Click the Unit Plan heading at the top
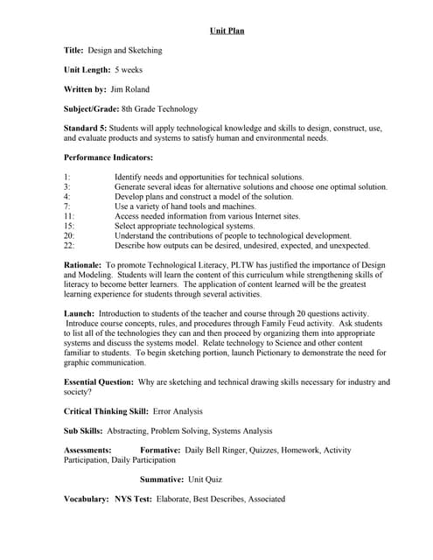(227, 31)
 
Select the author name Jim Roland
(130, 89)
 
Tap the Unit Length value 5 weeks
(129, 70)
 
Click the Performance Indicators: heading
(108, 157)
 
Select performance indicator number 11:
(69, 215)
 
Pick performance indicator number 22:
(69, 246)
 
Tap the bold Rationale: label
(83, 264)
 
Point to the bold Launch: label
(80, 313)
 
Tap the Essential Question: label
(99, 382)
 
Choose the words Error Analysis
(178, 411)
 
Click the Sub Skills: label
(84, 430)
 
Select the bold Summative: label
(162, 479)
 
